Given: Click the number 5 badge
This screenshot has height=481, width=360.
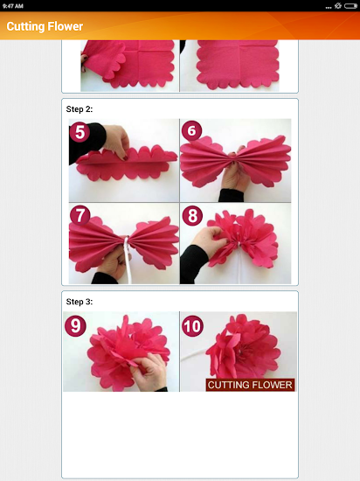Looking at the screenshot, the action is click(80, 132).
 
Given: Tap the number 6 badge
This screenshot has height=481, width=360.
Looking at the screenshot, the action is click(191, 130).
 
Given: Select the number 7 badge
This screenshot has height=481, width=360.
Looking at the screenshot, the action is click(80, 215).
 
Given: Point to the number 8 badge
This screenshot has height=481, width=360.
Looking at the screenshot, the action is click(192, 215).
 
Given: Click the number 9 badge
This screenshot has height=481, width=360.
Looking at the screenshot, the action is click(75, 326).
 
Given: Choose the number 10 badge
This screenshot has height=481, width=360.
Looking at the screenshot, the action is click(192, 326).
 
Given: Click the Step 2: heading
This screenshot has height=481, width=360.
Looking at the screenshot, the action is click(80, 109).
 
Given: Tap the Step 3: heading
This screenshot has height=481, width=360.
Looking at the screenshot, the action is click(80, 302).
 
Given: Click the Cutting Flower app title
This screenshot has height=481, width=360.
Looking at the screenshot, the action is click(45, 26).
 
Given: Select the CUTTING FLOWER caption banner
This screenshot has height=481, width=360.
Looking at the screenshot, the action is click(250, 385).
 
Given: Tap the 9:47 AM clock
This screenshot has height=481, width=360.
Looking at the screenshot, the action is click(13, 6).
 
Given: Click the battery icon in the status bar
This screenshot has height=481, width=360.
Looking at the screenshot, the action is click(350, 6).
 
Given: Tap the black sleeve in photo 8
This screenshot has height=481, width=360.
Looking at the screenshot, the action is click(194, 264).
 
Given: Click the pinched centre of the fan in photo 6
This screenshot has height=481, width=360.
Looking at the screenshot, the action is click(235, 157).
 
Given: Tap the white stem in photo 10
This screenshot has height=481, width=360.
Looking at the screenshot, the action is click(195, 353).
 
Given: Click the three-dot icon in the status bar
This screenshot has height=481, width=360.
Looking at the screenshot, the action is click(329, 7).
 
